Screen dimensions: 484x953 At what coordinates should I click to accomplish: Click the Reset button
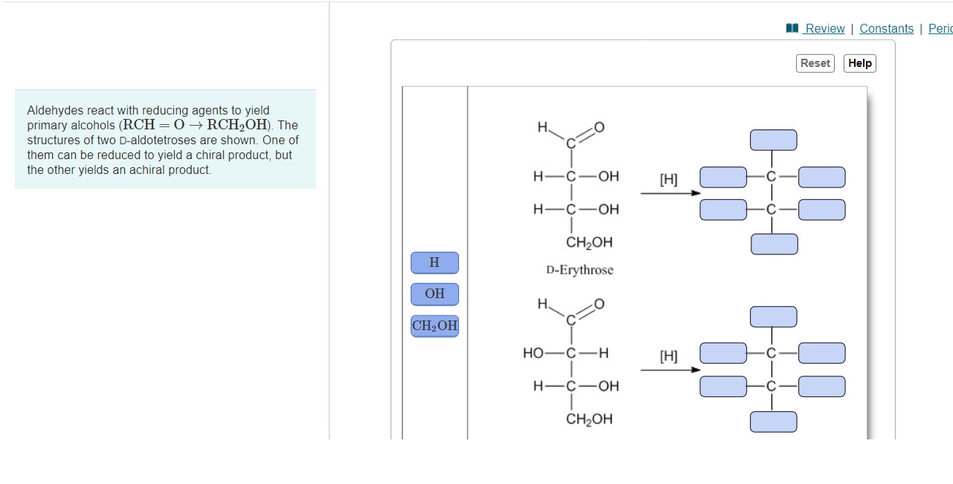[x=815, y=63]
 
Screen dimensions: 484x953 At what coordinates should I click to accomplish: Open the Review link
[x=824, y=28]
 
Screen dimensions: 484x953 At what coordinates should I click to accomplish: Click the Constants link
[x=886, y=28]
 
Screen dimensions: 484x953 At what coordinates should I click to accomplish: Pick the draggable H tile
[x=434, y=262]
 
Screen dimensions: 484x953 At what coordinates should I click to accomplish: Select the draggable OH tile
[x=434, y=294]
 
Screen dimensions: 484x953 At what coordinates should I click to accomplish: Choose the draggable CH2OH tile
[x=434, y=326]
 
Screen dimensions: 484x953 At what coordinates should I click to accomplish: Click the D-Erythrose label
[x=580, y=270]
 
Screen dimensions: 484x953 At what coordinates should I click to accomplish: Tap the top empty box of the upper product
[x=773, y=140]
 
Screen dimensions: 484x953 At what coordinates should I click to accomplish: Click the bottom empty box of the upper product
[x=773, y=244]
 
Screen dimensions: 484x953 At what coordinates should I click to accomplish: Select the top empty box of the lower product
[x=773, y=317]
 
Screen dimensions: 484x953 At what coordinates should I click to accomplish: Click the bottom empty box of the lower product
[x=773, y=422]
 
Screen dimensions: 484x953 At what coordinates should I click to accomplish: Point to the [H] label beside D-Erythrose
[x=669, y=179]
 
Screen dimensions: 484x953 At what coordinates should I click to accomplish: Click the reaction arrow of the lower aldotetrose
[x=670, y=370]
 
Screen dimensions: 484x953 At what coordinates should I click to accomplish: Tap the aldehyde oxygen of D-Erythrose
[x=600, y=129]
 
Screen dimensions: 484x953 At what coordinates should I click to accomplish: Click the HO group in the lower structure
[x=533, y=353]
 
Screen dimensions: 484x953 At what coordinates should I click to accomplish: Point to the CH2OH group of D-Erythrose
[x=589, y=242]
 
